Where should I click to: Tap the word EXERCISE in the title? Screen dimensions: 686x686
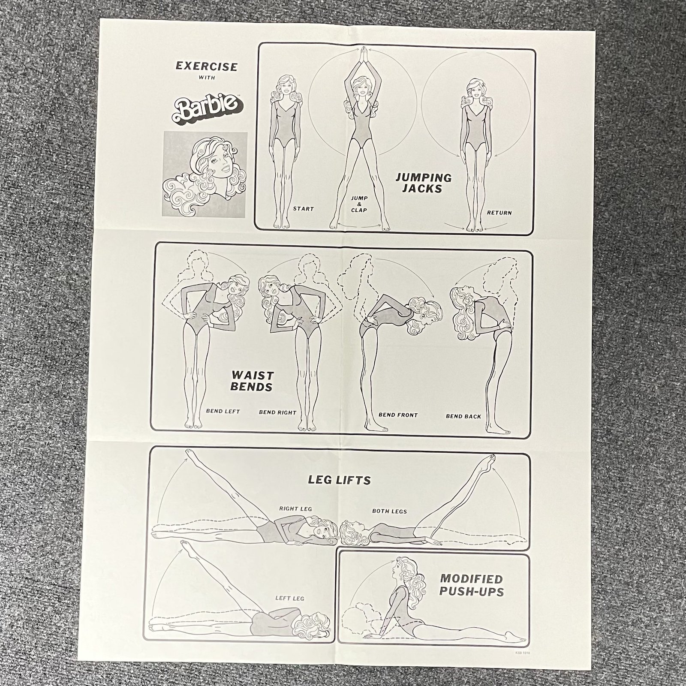(x=207, y=66)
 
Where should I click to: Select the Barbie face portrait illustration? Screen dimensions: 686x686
(x=205, y=174)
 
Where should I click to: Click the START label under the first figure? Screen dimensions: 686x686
(x=304, y=209)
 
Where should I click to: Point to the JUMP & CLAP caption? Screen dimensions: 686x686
(x=359, y=204)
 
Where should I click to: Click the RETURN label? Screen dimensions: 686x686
(x=499, y=213)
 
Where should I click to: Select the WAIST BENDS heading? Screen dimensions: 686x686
(x=252, y=381)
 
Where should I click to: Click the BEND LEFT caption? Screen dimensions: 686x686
(x=223, y=411)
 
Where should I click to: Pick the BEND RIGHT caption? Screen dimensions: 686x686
(x=277, y=412)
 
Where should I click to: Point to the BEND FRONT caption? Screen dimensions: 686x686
(x=398, y=415)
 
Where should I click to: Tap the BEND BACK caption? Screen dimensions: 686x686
(x=463, y=416)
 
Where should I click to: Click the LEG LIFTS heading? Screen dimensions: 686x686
(x=339, y=480)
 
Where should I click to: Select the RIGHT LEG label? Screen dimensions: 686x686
(x=295, y=509)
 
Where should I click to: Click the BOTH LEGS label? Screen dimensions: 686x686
(x=389, y=511)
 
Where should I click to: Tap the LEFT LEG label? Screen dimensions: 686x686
(x=290, y=598)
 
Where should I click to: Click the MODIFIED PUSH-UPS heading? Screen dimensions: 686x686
(x=472, y=585)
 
